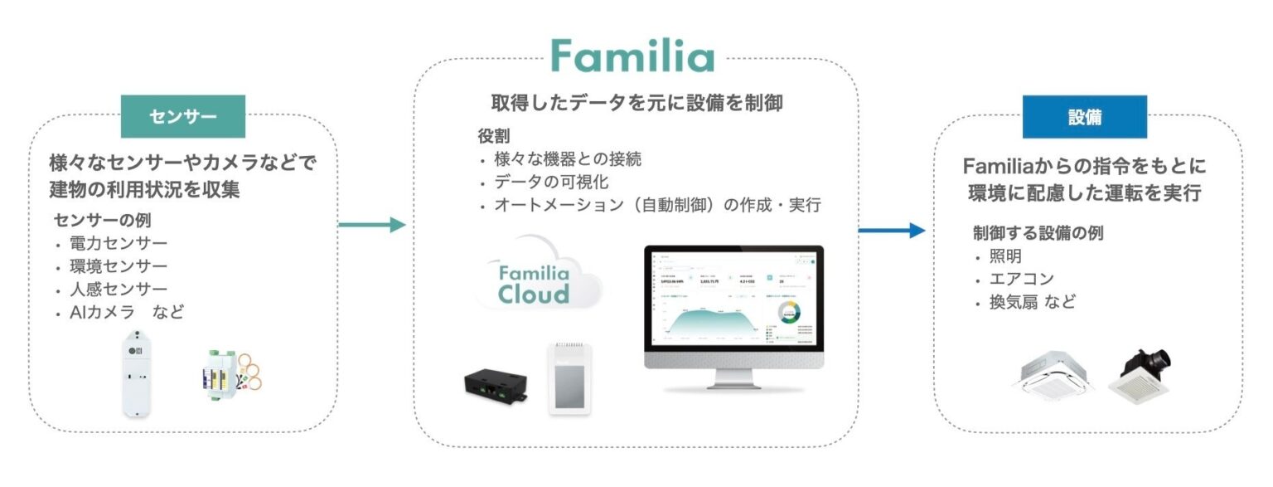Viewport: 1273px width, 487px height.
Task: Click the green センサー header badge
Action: [x=183, y=117]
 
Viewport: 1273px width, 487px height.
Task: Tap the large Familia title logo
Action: [x=632, y=57]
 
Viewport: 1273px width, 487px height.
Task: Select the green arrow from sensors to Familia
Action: [x=372, y=225]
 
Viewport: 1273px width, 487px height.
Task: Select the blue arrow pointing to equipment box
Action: [x=891, y=230]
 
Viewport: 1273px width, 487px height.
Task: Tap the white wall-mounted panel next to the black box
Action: [x=570, y=377]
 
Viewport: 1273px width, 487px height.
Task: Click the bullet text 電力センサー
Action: [x=119, y=244]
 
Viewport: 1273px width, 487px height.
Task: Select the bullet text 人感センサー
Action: [x=119, y=290]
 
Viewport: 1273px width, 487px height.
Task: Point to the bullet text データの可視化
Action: [x=550, y=182]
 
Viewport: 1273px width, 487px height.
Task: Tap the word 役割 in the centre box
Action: [x=494, y=136]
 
